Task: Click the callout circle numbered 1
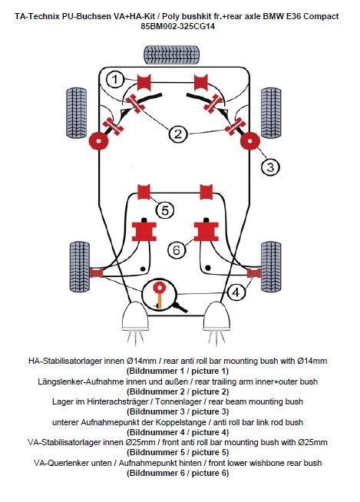coord(114,79)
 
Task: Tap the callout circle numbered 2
coord(178,134)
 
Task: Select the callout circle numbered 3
coord(269,166)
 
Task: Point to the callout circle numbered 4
coord(236,292)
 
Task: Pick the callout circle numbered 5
coord(165,209)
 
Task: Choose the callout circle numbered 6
coord(176,250)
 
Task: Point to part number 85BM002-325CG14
coord(178,26)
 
